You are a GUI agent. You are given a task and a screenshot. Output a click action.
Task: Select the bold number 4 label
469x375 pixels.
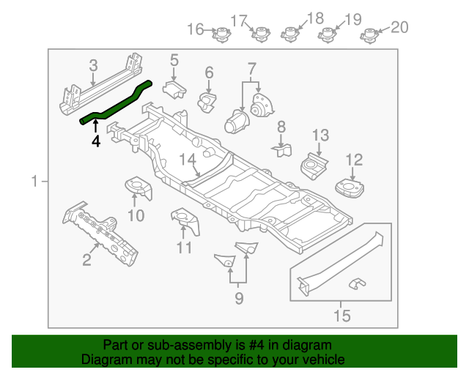pos(95,141)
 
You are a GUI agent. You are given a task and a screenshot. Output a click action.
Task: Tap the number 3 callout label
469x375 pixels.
pos(93,66)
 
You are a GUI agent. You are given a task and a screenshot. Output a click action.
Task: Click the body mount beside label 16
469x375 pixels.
pos(221,34)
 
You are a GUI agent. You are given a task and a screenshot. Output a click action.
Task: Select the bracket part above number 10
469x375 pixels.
pos(137,187)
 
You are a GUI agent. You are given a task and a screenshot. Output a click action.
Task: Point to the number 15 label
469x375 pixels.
pos(341,316)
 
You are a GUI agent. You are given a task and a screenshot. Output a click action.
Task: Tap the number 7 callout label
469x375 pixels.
pos(252,70)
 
